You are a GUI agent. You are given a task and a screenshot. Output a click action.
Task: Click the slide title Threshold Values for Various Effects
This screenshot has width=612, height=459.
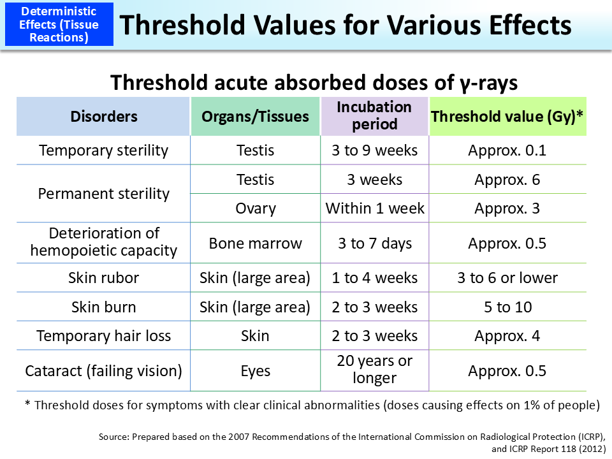pyautogui.click(x=346, y=25)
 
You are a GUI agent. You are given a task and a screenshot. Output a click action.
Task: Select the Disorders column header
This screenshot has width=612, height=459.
pyautogui.click(x=103, y=116)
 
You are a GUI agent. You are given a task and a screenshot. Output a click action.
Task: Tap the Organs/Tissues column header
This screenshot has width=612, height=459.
pyautogui.click(x=255, y=116)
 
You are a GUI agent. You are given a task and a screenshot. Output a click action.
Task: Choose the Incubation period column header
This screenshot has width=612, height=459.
pyautogui.click(x=374, y=115)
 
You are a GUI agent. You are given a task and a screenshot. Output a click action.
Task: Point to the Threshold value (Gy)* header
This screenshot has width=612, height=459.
pyautogui.click(x=507, y=116)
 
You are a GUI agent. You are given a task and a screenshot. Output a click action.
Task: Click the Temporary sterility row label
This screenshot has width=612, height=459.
pyautogui.click(x=103, y=150)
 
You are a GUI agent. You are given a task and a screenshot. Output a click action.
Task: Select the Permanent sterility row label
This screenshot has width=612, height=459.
pyautogui.click(x=103, y=194)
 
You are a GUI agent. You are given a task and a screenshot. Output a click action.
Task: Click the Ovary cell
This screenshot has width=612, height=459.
pyautogui.click(x=255, y=208)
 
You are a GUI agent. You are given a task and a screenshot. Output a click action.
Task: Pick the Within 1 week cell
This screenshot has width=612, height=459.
pyautogui.click(x=374, y=208)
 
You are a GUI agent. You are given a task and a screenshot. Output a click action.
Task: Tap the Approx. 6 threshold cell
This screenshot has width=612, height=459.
pyautogui.click(x=507, y=180)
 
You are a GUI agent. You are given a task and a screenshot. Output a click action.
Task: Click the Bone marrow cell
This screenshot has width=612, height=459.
pyautogui.click(x=255, y=244)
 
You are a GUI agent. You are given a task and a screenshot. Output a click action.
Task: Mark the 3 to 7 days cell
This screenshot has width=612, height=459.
pyautogui.click(x=374, y=244)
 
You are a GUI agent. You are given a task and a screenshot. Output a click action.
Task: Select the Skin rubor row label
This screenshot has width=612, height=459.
pyautogui.click(x=103, y=278)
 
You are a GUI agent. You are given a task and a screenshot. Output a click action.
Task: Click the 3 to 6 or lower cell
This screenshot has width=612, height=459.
pyautogui.click(x=507, y=278)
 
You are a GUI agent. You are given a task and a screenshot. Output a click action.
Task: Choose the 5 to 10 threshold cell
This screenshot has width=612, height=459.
pyautogui.click(x=507, y=307)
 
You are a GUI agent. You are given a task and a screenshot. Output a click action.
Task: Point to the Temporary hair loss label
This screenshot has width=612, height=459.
pyautogui.click(x=103, y=336)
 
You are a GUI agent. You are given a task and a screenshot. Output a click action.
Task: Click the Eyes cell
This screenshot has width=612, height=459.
pyautogui.click(x=255, y=371)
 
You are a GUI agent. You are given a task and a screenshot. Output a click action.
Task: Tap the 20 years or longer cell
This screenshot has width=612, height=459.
pyautogui.click(x=374, y=370)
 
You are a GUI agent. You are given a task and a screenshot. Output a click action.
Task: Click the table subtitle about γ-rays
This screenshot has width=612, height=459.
pyautogui.click(x=313, y=83)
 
